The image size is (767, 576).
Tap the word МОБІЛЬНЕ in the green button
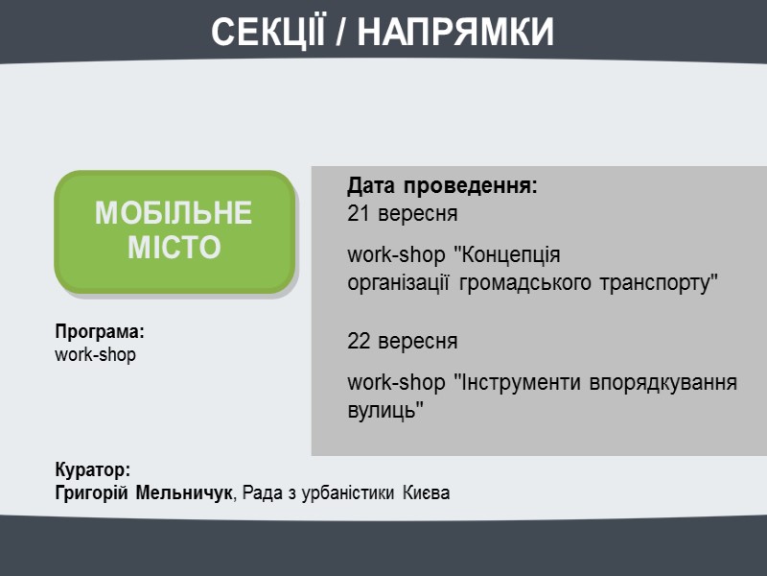click(x=174, y=213)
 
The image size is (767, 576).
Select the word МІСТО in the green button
click(x=174, y=248)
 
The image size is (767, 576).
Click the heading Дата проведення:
click(x=442, y=185)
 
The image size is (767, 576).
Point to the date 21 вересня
click(x=402, y=213)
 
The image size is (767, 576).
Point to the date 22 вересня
click(x=402, y=341)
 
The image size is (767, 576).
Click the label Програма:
click(x=99, y=332)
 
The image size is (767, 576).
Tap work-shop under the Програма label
click(x=95, y=355)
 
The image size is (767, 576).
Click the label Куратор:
click(x=92, y=470)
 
